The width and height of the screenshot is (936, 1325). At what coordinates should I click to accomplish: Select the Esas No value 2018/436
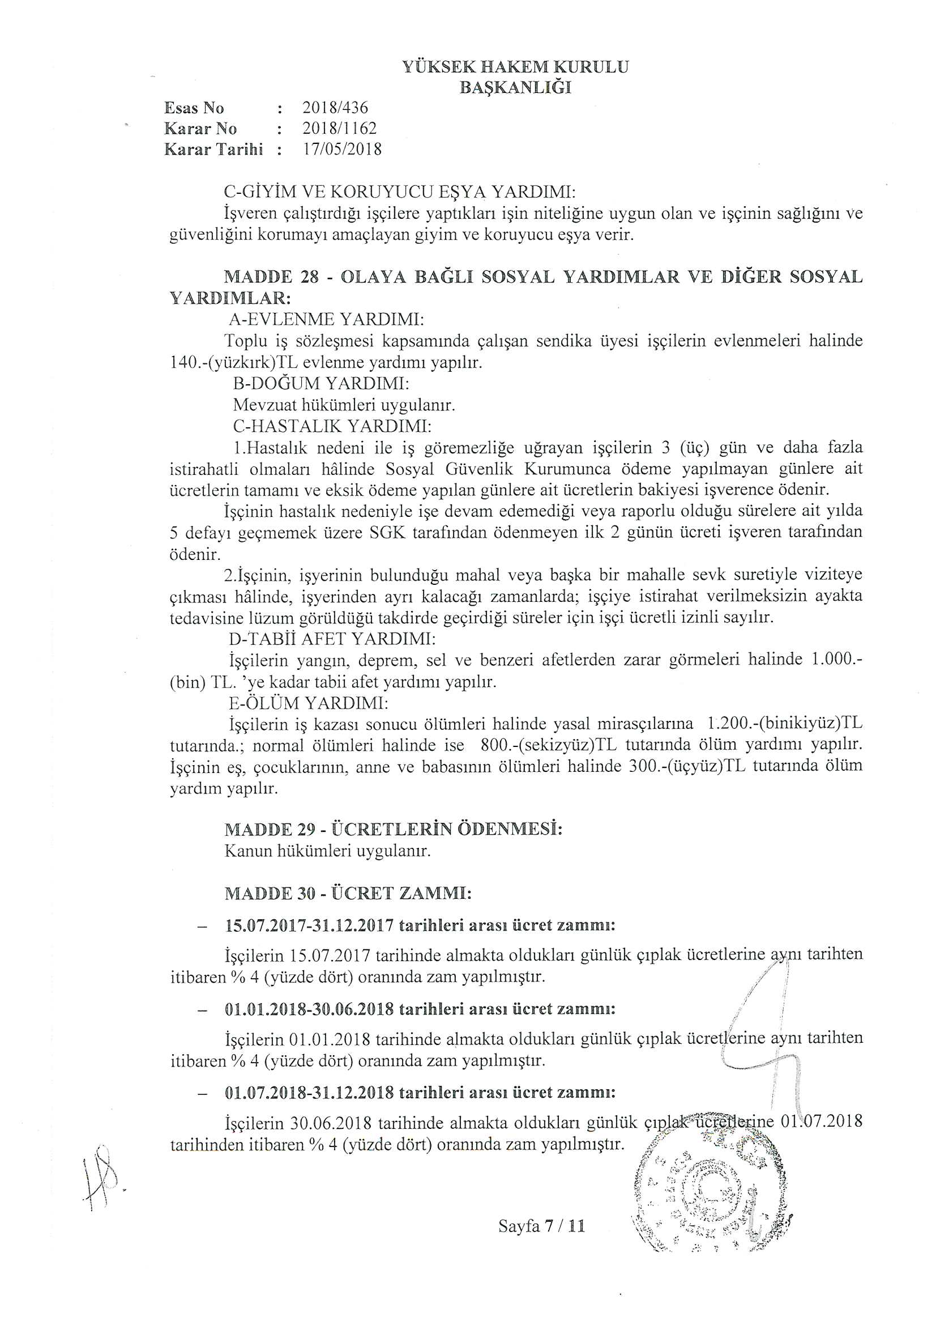coord(335,108)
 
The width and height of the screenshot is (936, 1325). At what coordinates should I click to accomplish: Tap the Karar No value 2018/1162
coord(339,128)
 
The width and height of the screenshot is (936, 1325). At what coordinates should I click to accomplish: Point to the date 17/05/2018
coord(342,150)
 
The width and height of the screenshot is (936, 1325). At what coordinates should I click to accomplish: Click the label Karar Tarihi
coord(213,150)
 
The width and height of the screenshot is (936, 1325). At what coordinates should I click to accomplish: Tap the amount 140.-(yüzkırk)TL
coord(233,363)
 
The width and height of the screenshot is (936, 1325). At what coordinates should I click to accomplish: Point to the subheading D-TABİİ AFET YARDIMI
coord(332,639)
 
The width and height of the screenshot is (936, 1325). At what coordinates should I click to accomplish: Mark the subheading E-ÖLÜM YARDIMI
coord(309,703)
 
